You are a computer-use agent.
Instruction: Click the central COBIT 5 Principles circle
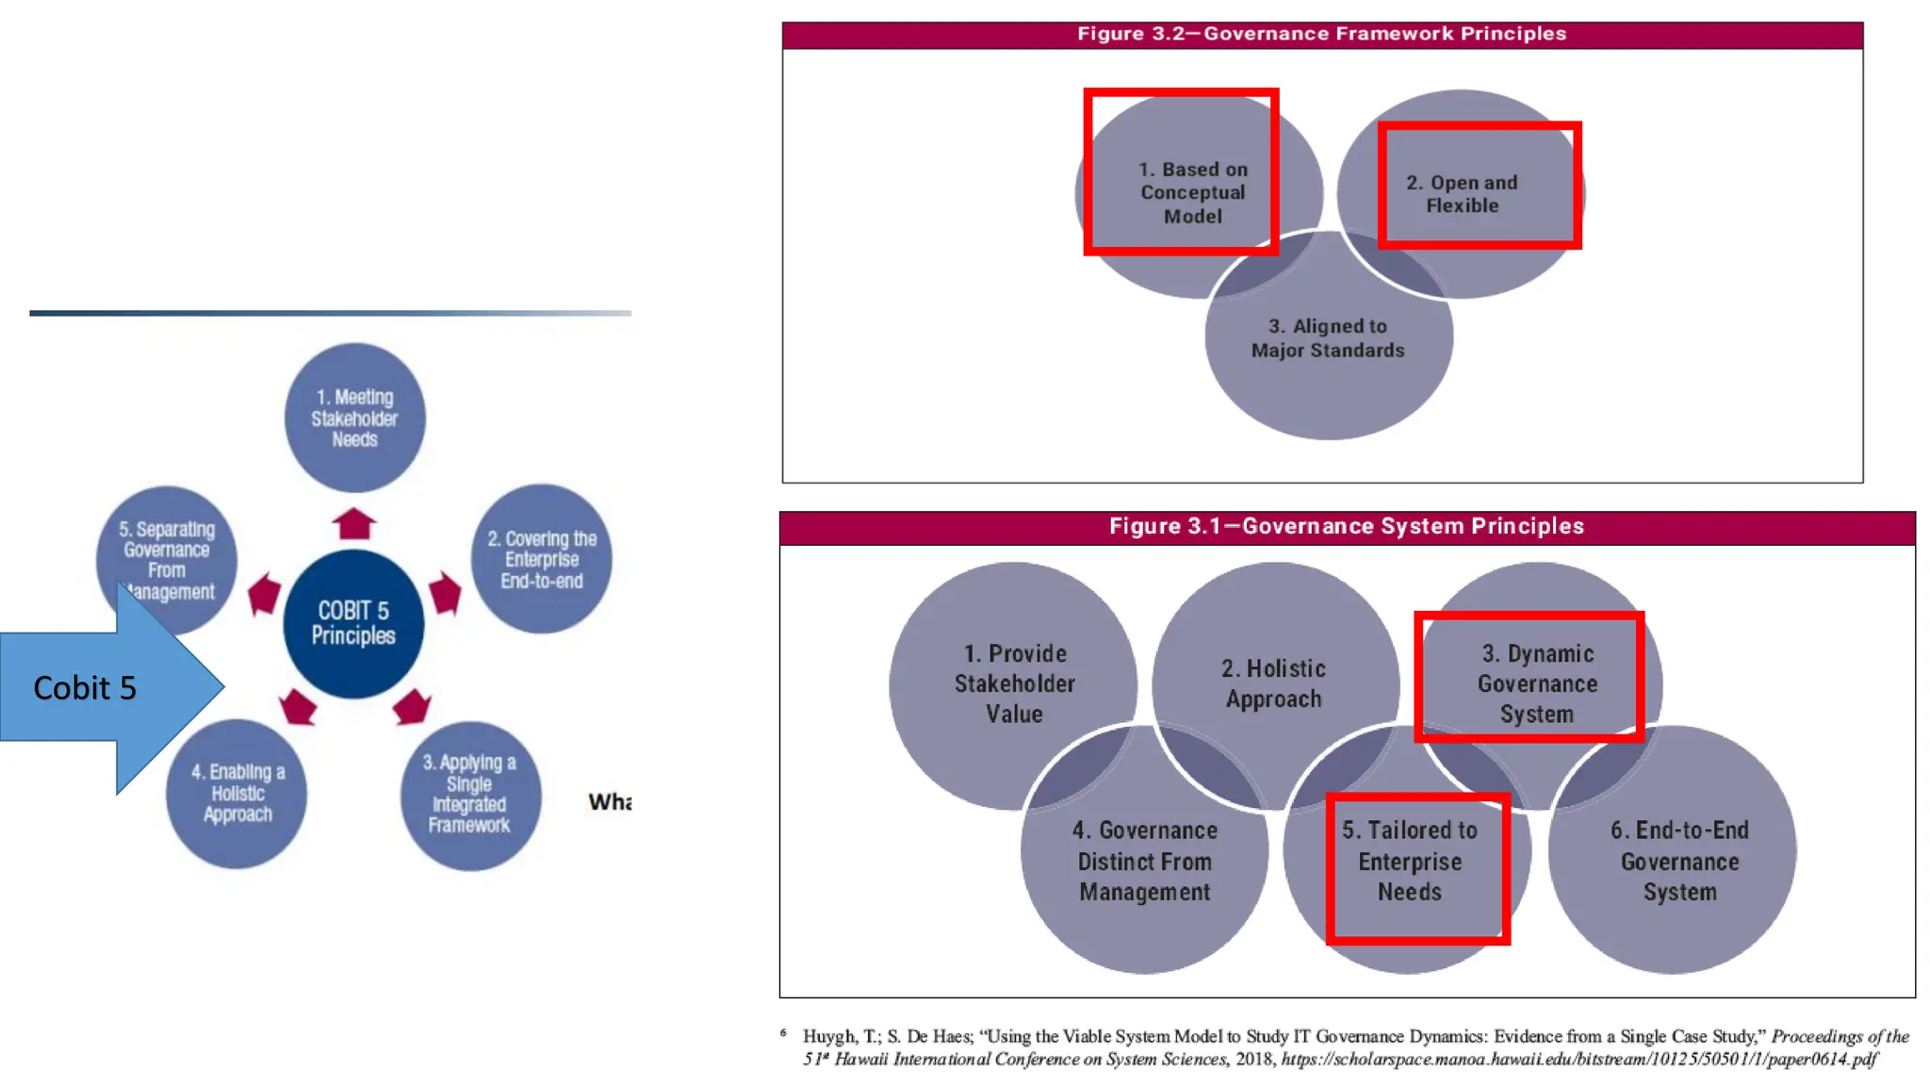tap(353, 623)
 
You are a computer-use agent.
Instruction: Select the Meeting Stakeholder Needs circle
tap(354, 418)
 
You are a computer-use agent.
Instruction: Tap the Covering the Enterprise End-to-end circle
tap(542, 559)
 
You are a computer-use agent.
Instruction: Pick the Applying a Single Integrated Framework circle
tap(469, 794)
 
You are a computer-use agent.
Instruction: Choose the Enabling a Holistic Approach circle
tap(237, 793)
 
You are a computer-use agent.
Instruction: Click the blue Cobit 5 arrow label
tap(85, 688)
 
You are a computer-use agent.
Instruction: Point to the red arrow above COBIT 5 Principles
tap(354, 523)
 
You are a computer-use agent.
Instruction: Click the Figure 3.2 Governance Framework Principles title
tap(1321, 34)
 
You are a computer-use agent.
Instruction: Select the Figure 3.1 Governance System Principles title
tap(1346, 526)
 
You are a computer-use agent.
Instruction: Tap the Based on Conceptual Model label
tap(1193, 192)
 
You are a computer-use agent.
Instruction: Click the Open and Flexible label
tap(1462, 193)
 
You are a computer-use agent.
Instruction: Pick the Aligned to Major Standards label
tap(1328, 337)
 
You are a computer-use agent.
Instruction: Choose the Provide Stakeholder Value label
tap(1014, 683)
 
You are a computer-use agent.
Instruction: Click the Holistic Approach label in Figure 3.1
tap(1274, 683)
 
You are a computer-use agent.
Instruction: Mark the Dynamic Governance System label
tap(1537, 683)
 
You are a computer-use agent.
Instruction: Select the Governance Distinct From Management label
tap(1145, 861)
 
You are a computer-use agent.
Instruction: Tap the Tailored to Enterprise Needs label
tap(1410, 861)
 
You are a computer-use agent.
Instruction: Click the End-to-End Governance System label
tap(1679, 861)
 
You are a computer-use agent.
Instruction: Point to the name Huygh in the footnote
tap(829, 1036)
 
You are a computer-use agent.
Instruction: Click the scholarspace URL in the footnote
tap(1578, 1059)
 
